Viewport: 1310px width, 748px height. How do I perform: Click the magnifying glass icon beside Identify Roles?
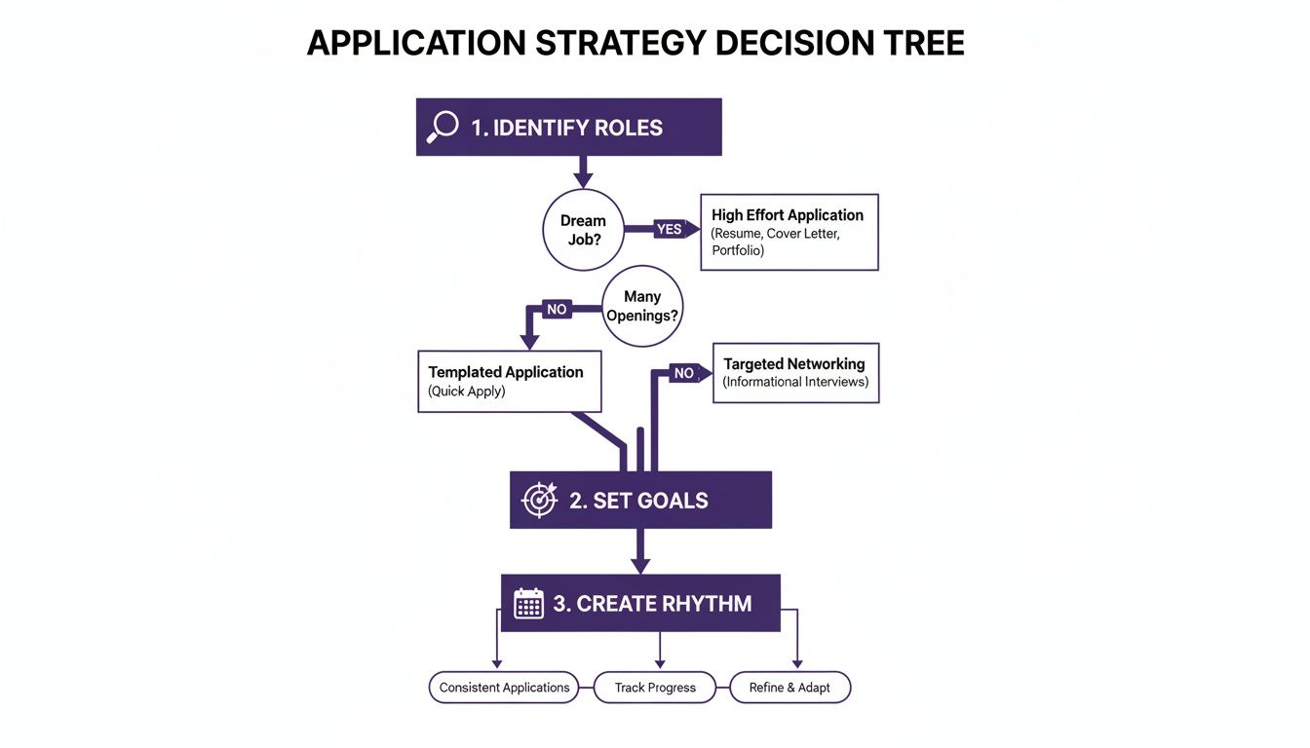click(x=443, y=127)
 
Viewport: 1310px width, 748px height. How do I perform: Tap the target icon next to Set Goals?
click(x=539, y=500)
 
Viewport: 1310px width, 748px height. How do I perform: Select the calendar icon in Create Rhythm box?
click(x=528, y=603)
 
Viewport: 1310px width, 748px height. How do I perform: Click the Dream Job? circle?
click(x=583, y=229)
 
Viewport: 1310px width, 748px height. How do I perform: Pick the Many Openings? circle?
click(x=642, y=306)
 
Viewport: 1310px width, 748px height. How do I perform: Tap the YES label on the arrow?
click(x=670, y=229)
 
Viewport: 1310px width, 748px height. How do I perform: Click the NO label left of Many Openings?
click(x=557, y=309)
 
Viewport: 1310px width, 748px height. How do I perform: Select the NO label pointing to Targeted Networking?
click(x=684, y=373)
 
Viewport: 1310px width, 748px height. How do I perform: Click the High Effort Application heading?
click(x=788, y=215)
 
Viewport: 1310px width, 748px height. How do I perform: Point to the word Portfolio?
click(x=738, y=250)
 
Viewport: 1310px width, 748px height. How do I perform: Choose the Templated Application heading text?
click(x=506, y=372)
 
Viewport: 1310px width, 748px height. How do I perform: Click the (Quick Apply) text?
click(x=467, y=392)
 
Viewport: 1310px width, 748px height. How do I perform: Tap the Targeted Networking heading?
click(x=794, y=363)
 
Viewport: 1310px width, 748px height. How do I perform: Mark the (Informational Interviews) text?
click(x=795, y=382)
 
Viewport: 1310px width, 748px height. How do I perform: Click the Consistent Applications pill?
click(x=504, y=688)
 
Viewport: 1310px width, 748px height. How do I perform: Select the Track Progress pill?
click(x=655, y=688)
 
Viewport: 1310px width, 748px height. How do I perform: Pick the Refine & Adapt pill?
click(x=790, y=688)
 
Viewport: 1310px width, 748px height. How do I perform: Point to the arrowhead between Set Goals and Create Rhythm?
click(x=639, y=564)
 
